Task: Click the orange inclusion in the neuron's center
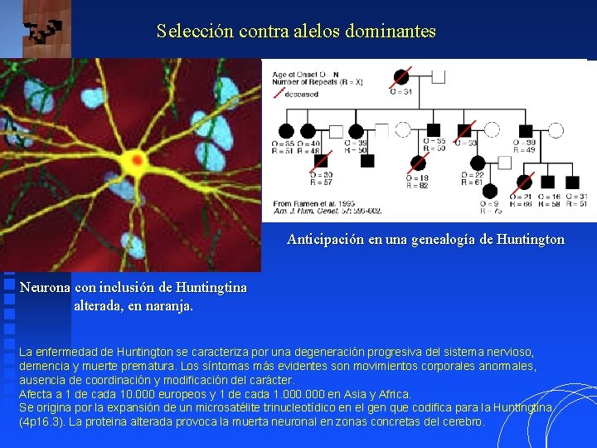(136, 159)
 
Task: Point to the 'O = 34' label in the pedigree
(402, 91)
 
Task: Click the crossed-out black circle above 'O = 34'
(401, 76)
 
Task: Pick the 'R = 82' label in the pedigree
(417, 185)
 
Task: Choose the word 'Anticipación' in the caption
(328, 239)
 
